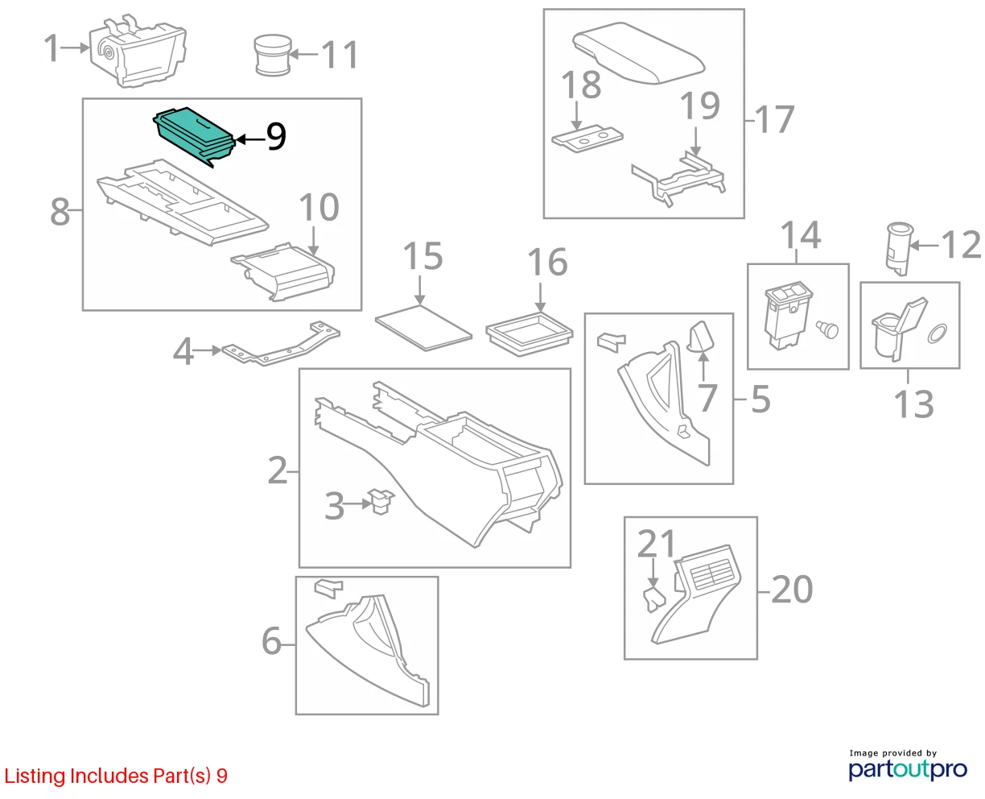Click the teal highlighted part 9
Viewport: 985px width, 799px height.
point(194,135)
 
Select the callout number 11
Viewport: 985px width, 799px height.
point(340,55)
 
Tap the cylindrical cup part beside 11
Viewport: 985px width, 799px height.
point(272,55)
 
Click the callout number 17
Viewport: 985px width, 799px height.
point(774,119)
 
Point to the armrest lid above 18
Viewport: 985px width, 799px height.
point(638,53)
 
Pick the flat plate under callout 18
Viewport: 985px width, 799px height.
point(587,138)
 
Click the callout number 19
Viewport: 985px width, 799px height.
point(699,106)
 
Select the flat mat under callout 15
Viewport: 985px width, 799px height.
point(423,328)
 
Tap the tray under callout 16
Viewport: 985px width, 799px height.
point(530,333)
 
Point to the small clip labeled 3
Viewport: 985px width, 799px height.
point(381,501)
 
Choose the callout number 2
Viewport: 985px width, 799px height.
point(278,471)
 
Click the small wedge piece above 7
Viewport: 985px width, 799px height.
point(702,336)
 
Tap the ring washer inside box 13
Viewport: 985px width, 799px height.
point(937,333)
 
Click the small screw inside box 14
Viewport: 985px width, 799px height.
point(826,329)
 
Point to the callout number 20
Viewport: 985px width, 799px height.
point(792,590)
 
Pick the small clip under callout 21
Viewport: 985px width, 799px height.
point(654,599)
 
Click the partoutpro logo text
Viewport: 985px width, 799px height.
point(907,770)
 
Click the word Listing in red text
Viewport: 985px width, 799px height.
point(35,776)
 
